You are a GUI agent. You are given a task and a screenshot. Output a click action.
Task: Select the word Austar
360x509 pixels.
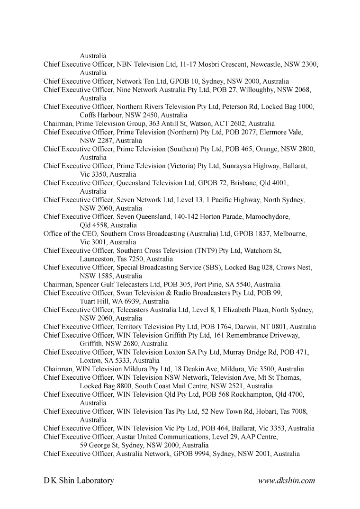pos(127,437)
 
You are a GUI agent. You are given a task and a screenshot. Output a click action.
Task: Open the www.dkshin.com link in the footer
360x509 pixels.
pos(287,481)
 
